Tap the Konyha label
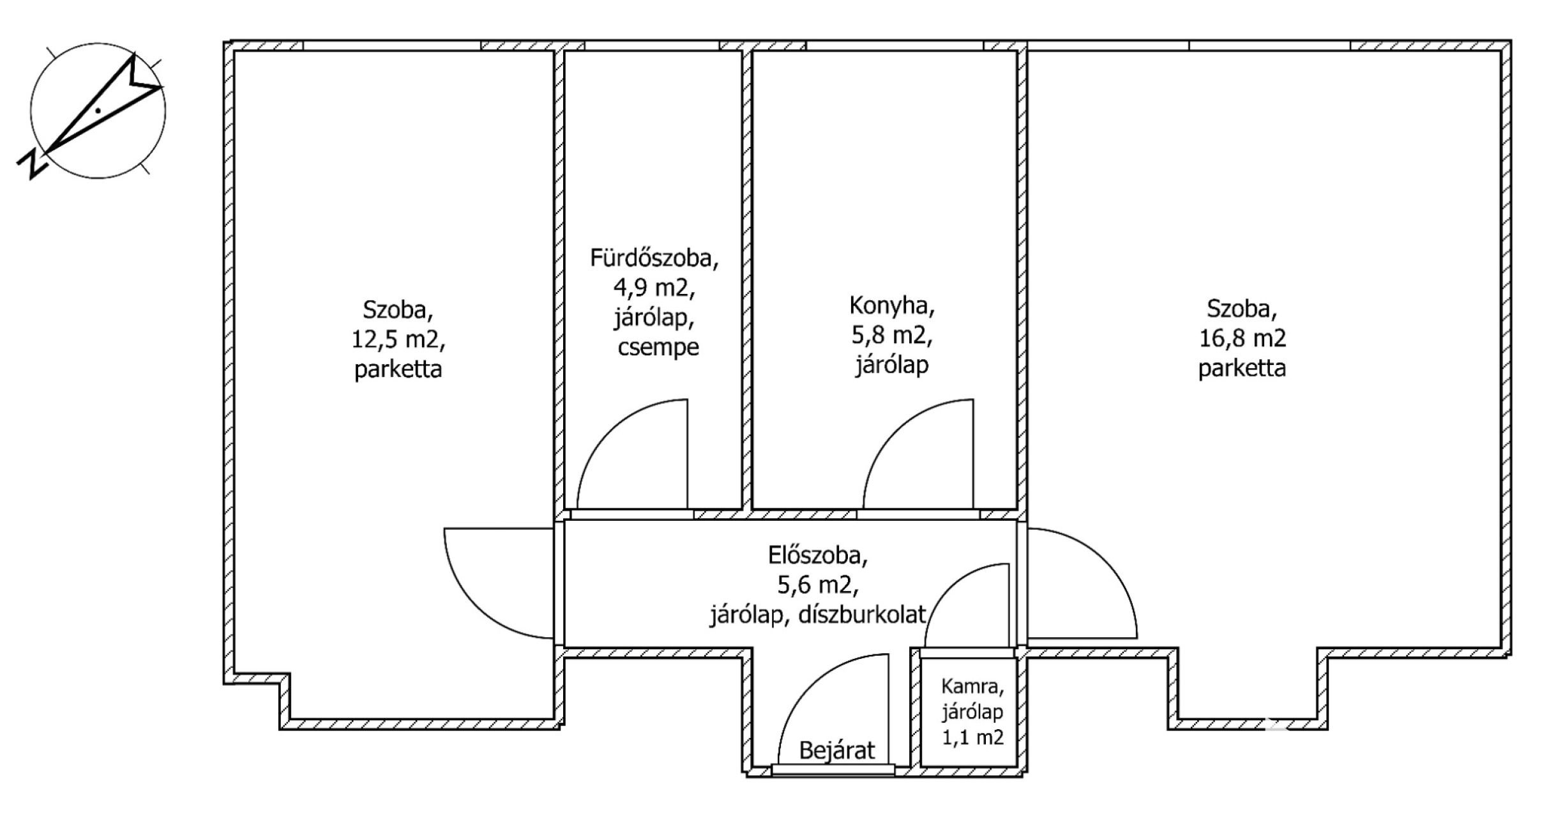pos(892,307)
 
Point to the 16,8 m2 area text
pos(1242,338)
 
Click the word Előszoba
pos(818,556)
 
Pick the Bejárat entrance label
pos(836,750)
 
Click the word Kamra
pos(972,688)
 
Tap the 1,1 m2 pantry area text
pos(973,737)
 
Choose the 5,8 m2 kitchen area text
pos(892,337)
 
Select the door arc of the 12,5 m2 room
pos(476,606)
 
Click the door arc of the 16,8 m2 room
pos(1105,560)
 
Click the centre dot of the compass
pos(98,111)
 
